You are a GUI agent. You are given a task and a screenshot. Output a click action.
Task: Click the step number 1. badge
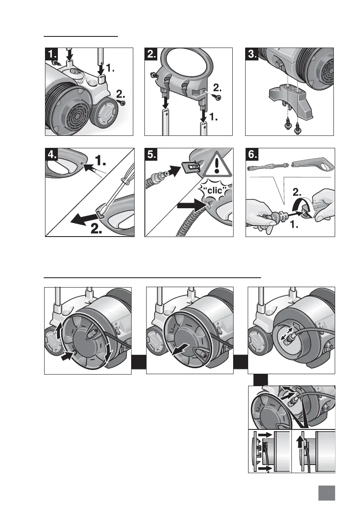tap(52, 54)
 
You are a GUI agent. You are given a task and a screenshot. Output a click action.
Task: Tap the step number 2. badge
tap(152, 54)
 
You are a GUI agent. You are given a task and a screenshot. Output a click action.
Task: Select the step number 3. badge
tap(252, 54)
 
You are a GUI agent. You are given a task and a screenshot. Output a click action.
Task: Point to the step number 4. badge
tap(52, 155)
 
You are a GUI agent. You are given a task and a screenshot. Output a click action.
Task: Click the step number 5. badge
tap(152, 155)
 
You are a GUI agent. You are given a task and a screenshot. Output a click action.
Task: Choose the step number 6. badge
tap(252, 155)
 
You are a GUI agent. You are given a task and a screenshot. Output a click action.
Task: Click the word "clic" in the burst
tap(213, 189)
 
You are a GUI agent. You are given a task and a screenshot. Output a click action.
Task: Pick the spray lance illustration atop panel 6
tap(269, 167)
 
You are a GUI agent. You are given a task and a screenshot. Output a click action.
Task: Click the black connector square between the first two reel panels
tap(139, 363)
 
